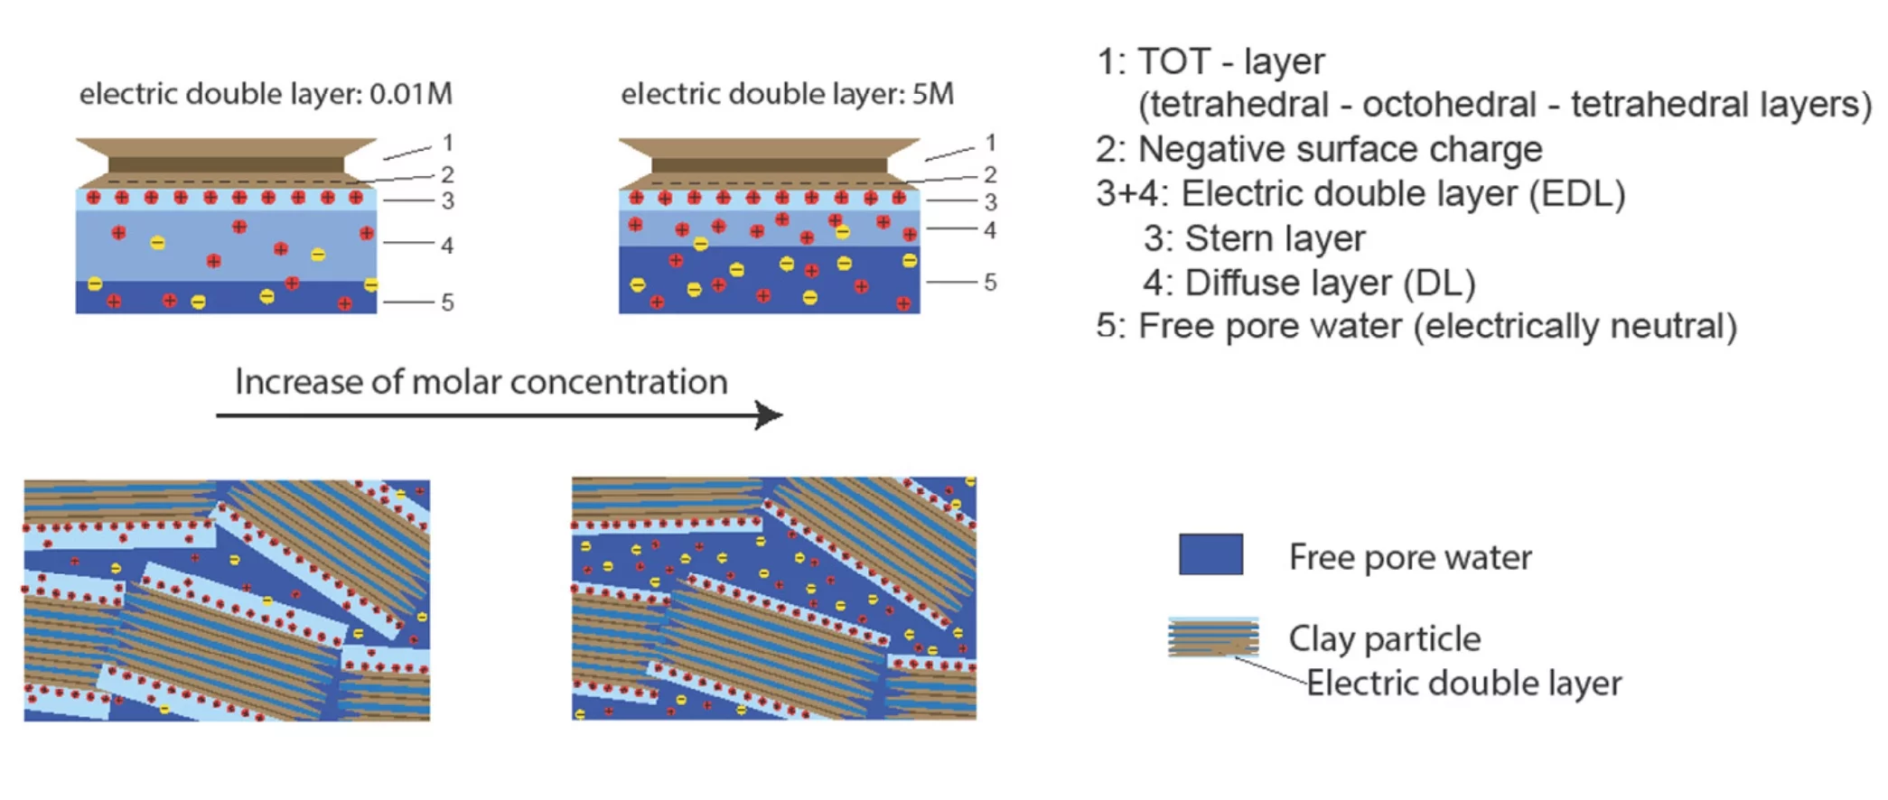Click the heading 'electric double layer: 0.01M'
coord(266,94)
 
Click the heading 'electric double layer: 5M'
coord(787,94)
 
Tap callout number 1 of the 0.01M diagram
coord(447,143)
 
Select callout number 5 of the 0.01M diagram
coord(447,302)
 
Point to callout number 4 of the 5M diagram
coord(990,230)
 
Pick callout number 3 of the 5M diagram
coord(990,201)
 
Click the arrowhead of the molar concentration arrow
coord(770,415)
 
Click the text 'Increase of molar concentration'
coord(481,382)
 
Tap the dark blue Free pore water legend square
coord(1210,554)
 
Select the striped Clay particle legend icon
coord(1213,637)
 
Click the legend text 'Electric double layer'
coord(1464,684)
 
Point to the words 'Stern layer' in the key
coord(1275,238)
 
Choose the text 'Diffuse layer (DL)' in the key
coord(1330,284)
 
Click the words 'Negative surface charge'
coord(1341,150)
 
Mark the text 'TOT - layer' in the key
coord(1231,61)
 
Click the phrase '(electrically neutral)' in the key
coord(1575,327)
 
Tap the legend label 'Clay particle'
coord(1385,639)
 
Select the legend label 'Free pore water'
coord(1410,558)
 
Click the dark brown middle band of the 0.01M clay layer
coord(226,165)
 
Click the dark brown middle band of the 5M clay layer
coord(770,165)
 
